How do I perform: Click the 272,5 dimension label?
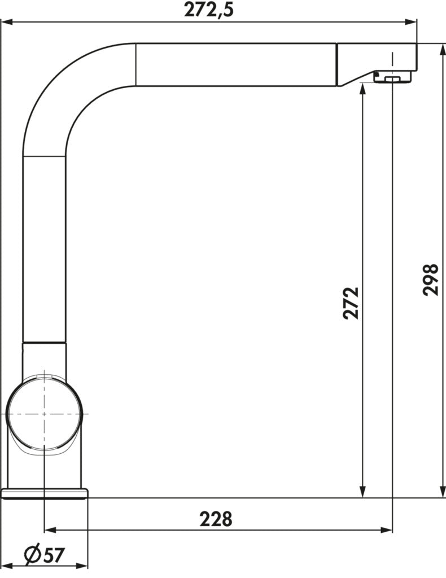tap(209, 10)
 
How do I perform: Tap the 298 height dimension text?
tap(431, 279)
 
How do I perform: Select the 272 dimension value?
tap(351, 303)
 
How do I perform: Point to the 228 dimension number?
tap(216, 519)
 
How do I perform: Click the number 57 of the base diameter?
tap(54, 555)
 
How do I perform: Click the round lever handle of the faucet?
tap(44, 414)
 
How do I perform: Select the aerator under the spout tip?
tap(392, 77)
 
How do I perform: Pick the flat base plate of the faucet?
tap(45, 493)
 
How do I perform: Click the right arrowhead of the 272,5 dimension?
tap(411, 22)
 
